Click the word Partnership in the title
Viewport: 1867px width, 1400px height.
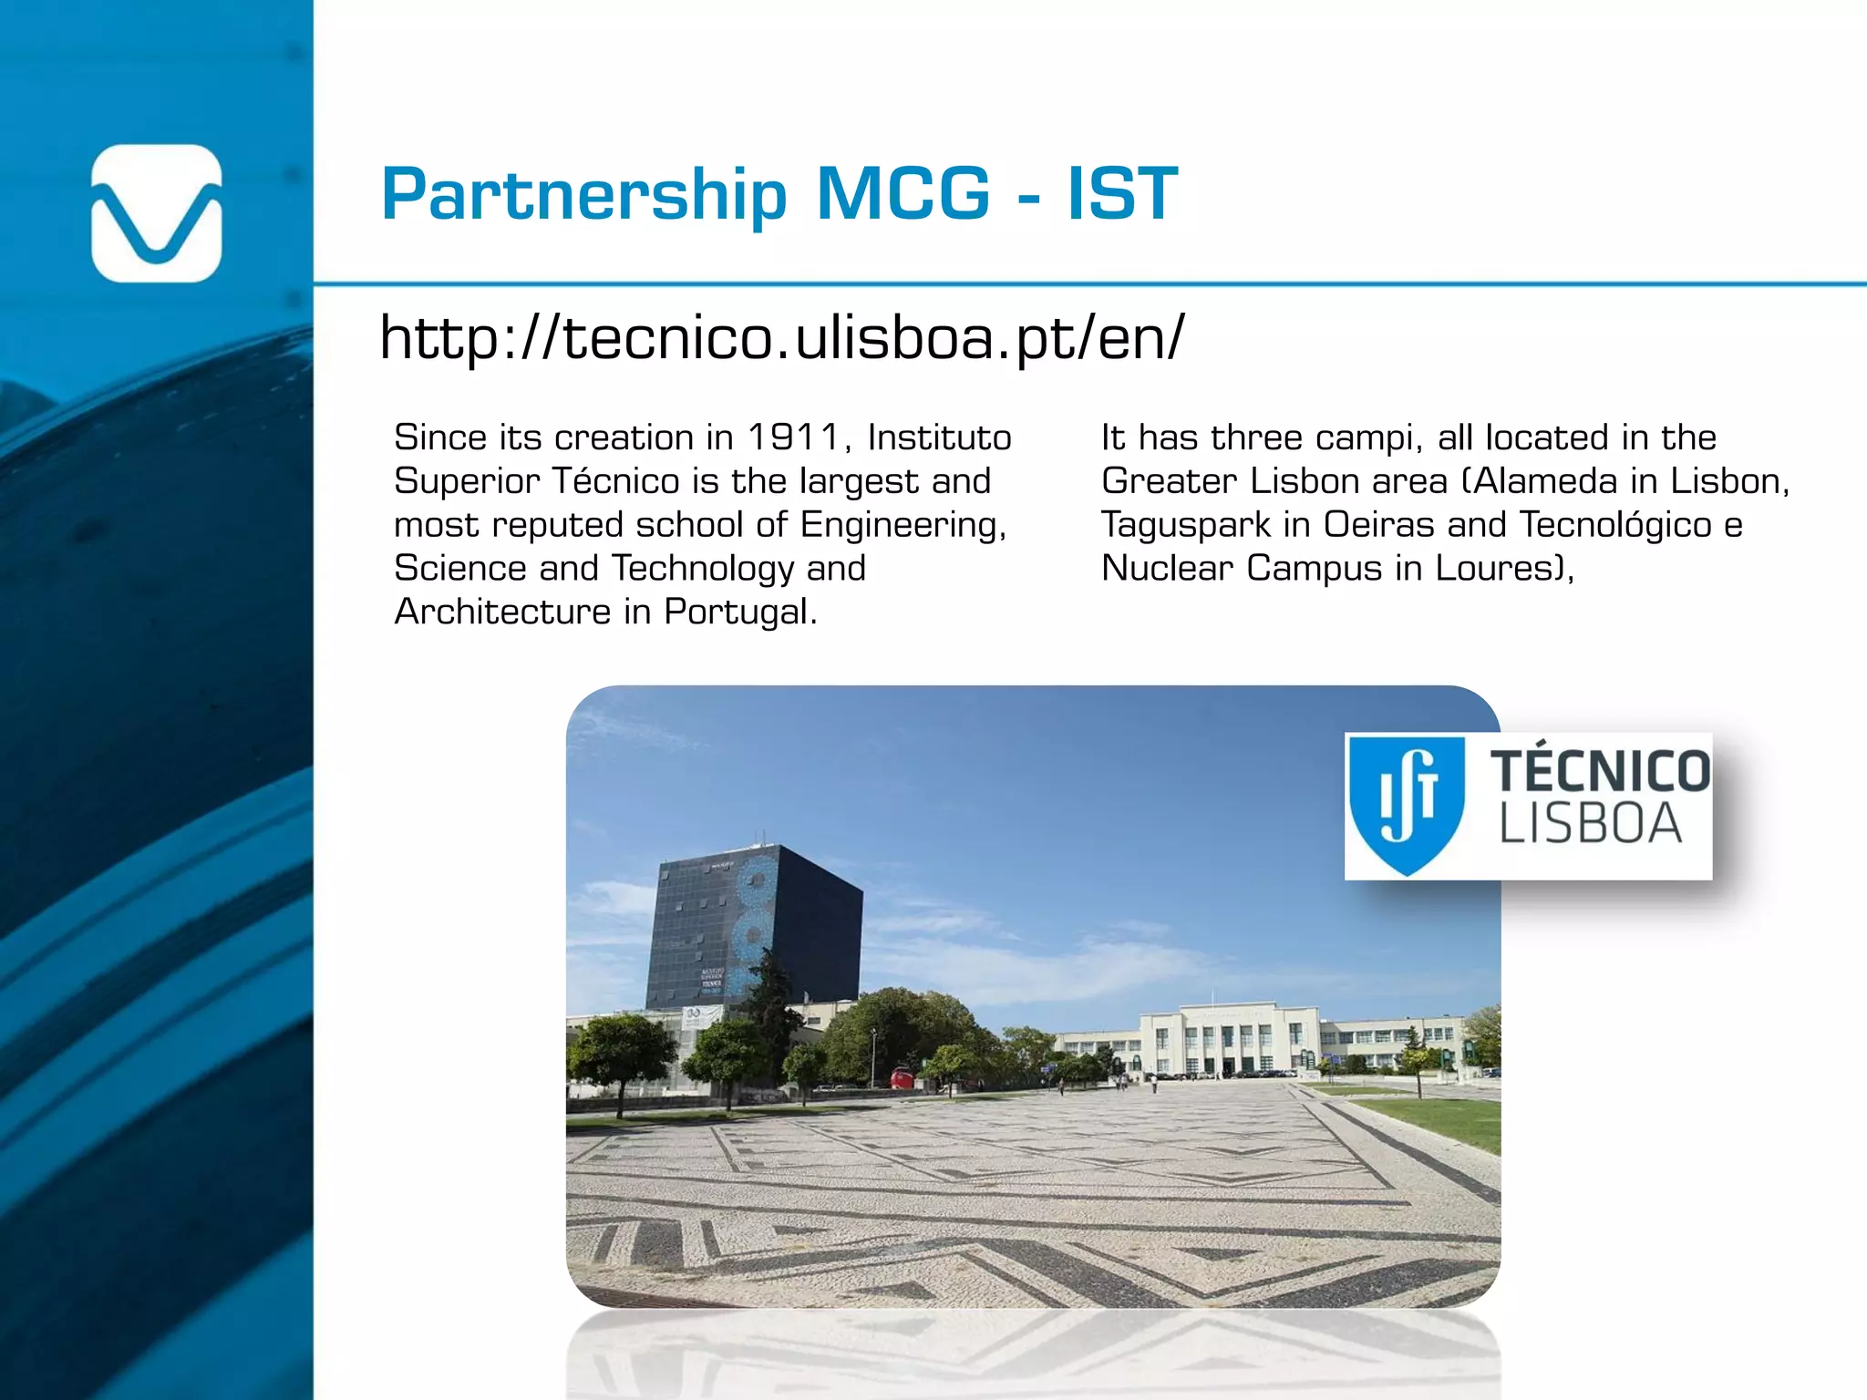click(583, 194)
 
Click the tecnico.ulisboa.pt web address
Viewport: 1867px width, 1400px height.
click(782, 337)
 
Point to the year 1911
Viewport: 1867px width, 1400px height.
click(792, 437)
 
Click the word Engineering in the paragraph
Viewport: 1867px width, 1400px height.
click(903, 525)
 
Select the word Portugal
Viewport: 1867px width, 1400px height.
click(740, 612)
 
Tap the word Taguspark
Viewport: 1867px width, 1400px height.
click(1185, 525)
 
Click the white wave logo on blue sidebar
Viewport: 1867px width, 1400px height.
click(157, 213)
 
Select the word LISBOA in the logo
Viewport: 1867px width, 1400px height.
click(1590, 824)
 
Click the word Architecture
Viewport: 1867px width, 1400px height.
click(502, 612)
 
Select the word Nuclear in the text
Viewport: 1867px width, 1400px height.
click(1166, 568)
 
